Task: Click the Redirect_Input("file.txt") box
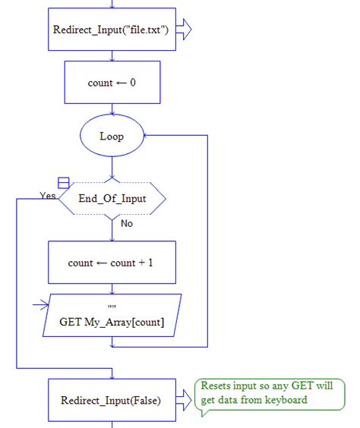click(x=111, y=30)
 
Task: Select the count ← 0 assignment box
click(x=112, y=83)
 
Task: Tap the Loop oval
click(x=112, y=137)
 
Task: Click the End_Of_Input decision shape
click(x=112, y=199)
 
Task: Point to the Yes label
click(x=47, y=195)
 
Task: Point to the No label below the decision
click(x=128, y=224)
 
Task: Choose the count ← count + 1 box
click(x=112, y=263)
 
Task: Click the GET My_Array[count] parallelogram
click(x=112, y=315)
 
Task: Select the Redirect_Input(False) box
click(x=111, y=399)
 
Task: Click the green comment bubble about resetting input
click(x=269, y=394)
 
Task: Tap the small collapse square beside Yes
click(x=64, y=183)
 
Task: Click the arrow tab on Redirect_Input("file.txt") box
click(x=185, y=30)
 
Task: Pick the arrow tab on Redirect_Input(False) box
click(x=185, y=399)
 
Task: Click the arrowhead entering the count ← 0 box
click(x=112, y=59)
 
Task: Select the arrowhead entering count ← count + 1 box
click(x=112, y=238)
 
